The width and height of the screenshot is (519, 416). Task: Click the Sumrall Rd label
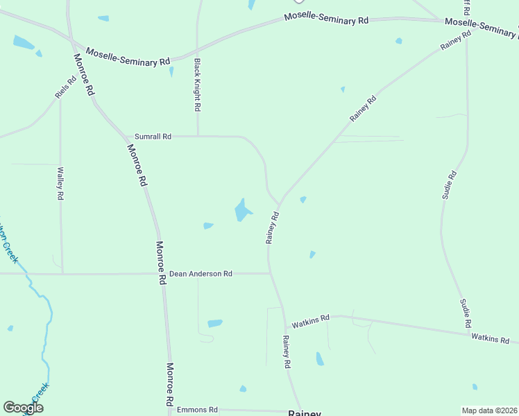[153, 137]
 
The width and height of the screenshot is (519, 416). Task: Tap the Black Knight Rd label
[197, 85]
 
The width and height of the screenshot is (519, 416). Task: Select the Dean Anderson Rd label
[201, 274]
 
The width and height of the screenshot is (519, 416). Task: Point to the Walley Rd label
[60, 184]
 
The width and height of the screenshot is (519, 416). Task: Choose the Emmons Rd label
[197, 410]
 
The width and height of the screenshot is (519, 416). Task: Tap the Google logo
[23, 408]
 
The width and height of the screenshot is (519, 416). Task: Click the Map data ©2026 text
[489, 410]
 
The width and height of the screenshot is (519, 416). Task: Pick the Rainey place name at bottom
[305, 413]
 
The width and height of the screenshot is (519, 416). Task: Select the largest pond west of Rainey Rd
[241, 209]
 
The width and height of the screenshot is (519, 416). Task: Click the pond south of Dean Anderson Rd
[215, 323]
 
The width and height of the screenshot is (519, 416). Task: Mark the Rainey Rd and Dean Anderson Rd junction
[269, 273]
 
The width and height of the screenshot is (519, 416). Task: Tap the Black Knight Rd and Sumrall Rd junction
[198, 136]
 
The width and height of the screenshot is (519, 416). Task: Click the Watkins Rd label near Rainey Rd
[310, 324]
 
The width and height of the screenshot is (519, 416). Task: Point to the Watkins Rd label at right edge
[490, 339]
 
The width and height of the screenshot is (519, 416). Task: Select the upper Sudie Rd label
[449, 185]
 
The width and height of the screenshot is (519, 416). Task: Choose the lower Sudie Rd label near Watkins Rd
[466, 313]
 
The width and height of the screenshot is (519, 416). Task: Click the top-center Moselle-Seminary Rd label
[326, 19]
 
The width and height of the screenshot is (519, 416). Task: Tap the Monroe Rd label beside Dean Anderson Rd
[161, 263]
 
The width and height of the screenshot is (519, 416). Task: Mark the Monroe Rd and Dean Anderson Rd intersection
[162, 274]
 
